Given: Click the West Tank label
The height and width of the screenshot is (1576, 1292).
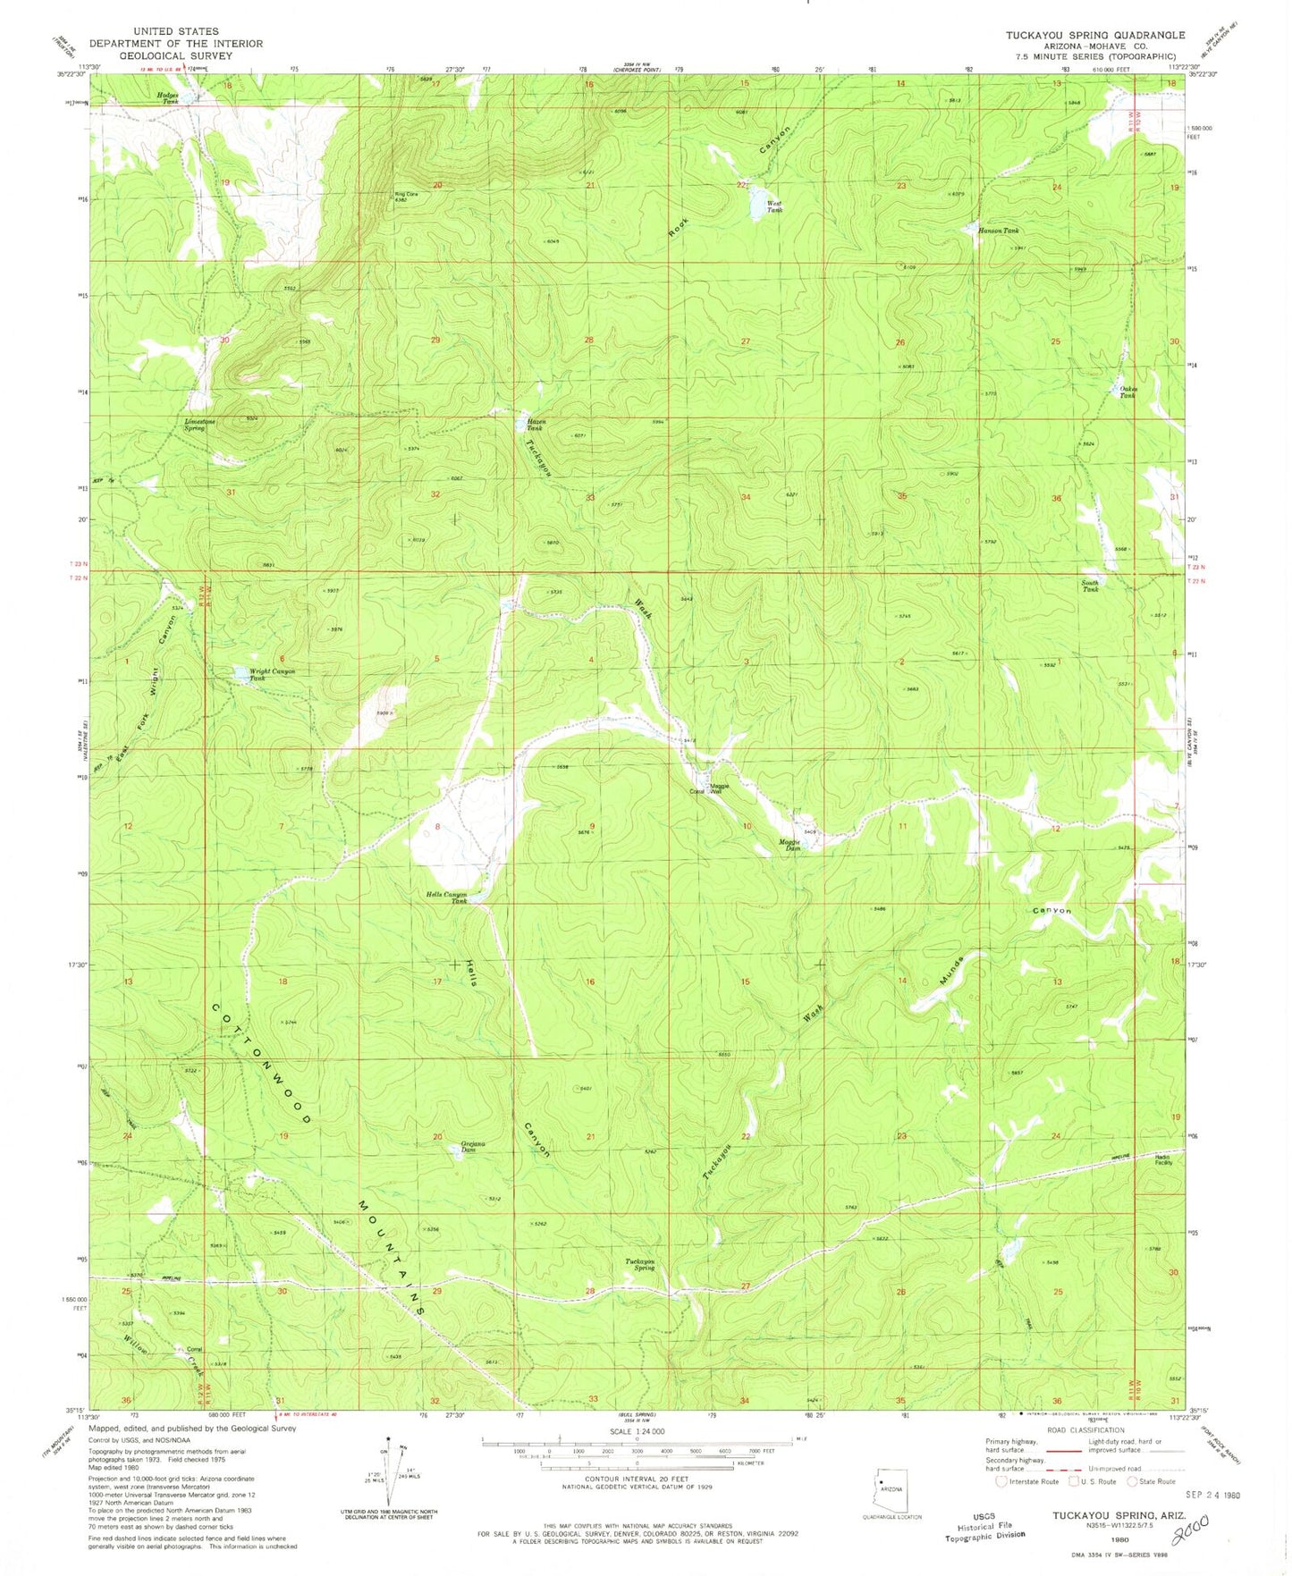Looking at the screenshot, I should [775, 206].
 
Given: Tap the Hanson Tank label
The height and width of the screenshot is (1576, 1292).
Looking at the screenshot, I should [998, 231].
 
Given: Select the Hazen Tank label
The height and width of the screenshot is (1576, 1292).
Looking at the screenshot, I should [535, 425].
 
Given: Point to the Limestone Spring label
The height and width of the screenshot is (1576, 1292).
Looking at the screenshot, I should [194, 425].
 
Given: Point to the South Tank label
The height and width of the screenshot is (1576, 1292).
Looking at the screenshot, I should [1090, 586].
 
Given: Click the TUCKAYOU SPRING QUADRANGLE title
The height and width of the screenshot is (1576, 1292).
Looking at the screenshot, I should [1094, 35].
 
